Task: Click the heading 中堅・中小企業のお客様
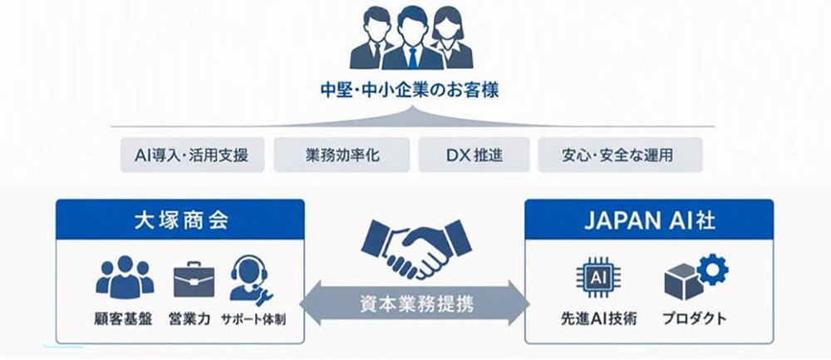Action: click(410, 90)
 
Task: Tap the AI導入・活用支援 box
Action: click(193, 155)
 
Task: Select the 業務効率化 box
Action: click(342, 155)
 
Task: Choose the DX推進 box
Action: click(474, 155)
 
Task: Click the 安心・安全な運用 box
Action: click(620, 155)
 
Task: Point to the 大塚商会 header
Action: click(180, 219)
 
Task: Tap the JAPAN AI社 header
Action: click(649, 219)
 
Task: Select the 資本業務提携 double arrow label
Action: click(415, 303)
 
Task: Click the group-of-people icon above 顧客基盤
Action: click(125, 278)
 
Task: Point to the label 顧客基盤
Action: click(124, 320)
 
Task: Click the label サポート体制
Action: click(253, 320)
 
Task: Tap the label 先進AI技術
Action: click(599, 319)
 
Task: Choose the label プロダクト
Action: click(694, 319)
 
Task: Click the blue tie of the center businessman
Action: click(412, 58)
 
